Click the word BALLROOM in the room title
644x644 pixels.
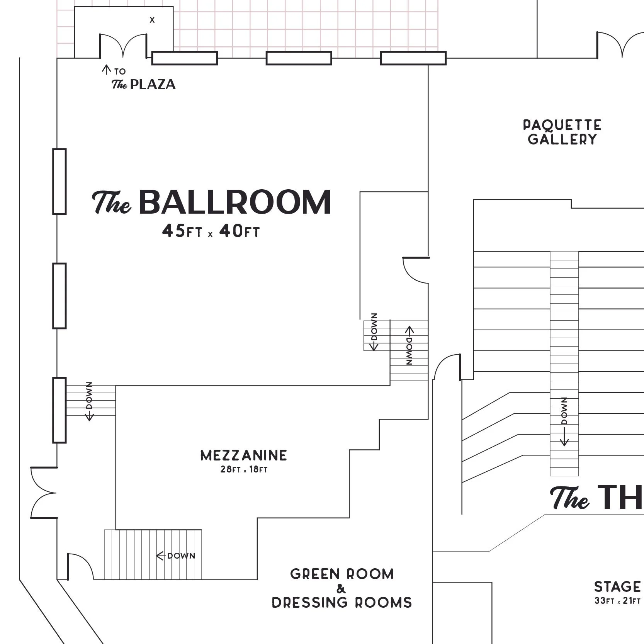click(x=234, y=202)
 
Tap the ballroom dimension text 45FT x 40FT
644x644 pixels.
click(x=211, y=231)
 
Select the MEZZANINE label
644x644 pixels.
click(x=244, y=455)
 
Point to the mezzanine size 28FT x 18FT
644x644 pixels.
click(x=244, y=470)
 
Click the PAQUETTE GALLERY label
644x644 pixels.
click(x=562, y=132)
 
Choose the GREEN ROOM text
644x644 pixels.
click(x=342, y=574)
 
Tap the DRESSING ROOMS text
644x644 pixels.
click(x=342, y=603)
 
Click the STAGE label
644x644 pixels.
click(x=617, y=587)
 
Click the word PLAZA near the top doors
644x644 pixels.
click(x=153, y=84)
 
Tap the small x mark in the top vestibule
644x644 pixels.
click(x=152, y=20)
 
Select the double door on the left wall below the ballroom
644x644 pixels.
click(x=44, y=493)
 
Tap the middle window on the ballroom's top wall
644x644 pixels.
click(x=299, y=58)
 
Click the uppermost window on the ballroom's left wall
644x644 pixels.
click(x=59, y=181)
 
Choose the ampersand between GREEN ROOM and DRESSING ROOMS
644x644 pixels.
click(x=341, y=589)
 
